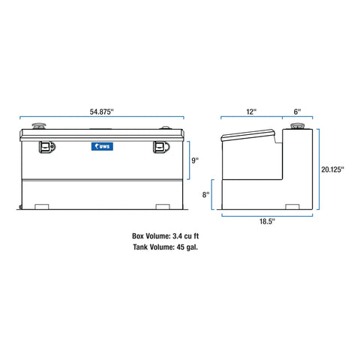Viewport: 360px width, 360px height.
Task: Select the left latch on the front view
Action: click(46, 148)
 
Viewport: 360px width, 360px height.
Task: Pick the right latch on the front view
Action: click(161, 148)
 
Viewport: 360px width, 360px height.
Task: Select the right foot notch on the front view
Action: click(163, 206)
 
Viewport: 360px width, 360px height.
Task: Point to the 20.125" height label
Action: click(331, 169)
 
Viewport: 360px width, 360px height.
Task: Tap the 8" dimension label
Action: click(206, 195)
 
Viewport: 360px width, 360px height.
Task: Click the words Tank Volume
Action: click(151, 247)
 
